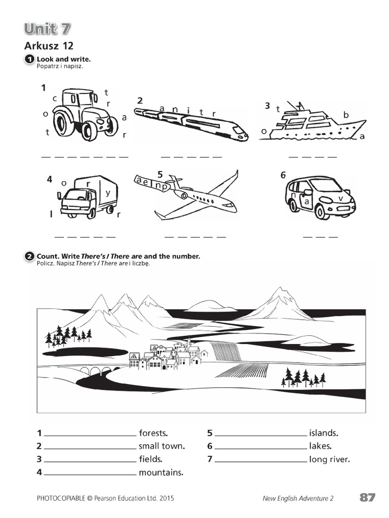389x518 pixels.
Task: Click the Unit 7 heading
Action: [47, 29]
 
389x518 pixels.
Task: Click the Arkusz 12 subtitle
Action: [49, 46]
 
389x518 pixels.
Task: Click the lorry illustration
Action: [88, 197]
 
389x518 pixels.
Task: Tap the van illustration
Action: [320, 197]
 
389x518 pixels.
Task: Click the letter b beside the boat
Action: [346, 115]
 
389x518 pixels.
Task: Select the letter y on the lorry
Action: [107, 193]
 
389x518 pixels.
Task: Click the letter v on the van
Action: [341, 197]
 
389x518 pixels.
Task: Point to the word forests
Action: [153, 433]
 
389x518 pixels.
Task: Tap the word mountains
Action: [161, 472]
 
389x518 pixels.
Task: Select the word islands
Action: [323, 433]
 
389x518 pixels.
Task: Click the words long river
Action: [329, 459]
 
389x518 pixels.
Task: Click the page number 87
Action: [367, 498]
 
